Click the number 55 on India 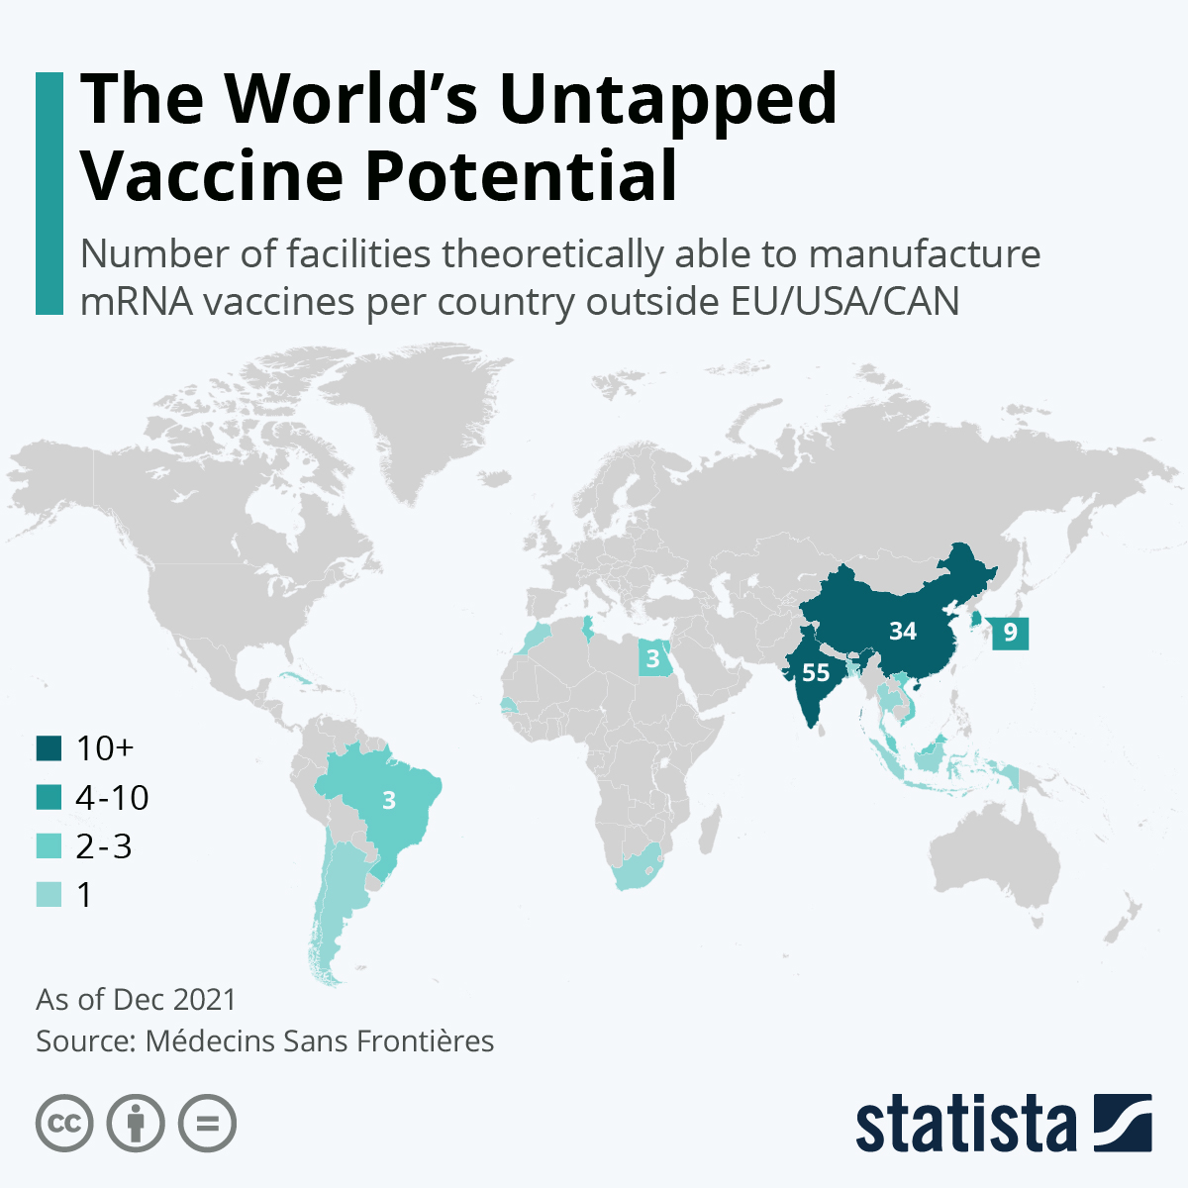pyautogui.click(x=816, y=673)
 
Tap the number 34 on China pyautogui.click(x=903, y=631)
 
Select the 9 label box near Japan pyautogui.click(x=1010, y=632)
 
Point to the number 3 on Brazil pyautogui.click(x=389, y=800)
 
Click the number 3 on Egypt pyautogui.click(x=653, y=658)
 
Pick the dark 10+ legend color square pyautogui.click(x=49, y=748)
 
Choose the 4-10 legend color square pyautogui.click(x=49, y=797)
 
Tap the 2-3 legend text pyautogui.click(x=104, y=845)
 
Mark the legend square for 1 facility pyautogui.click(x=49, y=894)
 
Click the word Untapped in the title pyautogui.click(x=667, y=99)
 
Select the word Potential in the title pyautogui.click(x=522, y=176)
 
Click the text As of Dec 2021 pyautogui.click(x=137, y=999)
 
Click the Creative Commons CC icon pyautogui.click(x=64, y=1124)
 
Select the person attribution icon pyautogui.click(x=136, y=1124)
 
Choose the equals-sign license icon pyautogui.click(x=207, y=1124)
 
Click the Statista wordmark pyautogui.click(x=965, y=1124)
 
